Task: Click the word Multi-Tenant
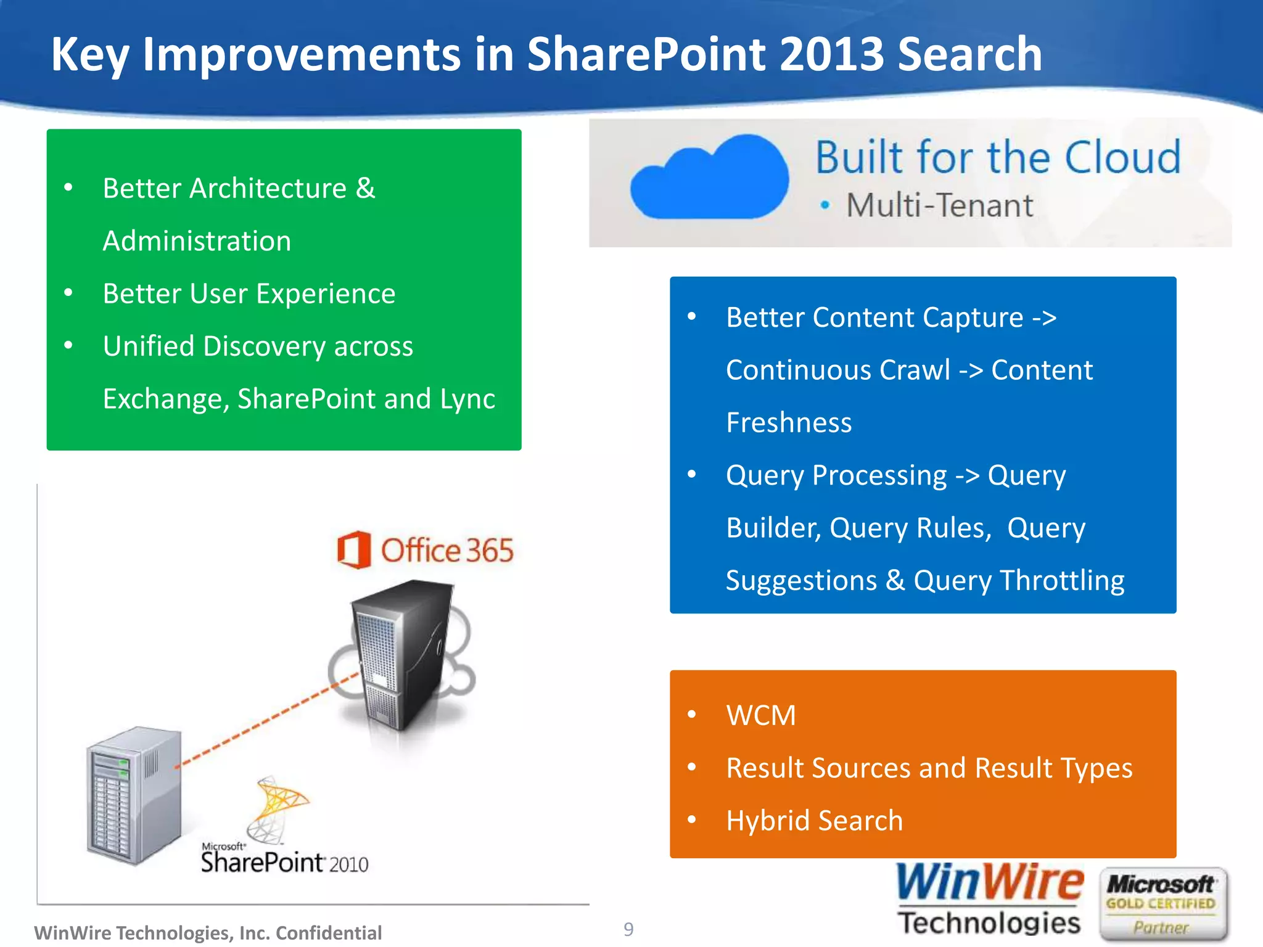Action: (x=939, y=205)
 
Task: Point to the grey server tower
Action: (x=134, y=795)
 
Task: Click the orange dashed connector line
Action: (x=265, y=721)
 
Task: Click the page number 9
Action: (x=628, y=929)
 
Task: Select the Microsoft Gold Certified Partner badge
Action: (x=1162, y=904)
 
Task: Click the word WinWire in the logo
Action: (x=989, y=883)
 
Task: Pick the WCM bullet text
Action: (x=761, y=715)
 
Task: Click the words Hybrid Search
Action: (x=814, y=821)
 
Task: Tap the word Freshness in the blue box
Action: (x=789, y=423)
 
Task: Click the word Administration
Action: (x=197, y=241)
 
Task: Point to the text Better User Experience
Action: (x=249, y=293)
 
